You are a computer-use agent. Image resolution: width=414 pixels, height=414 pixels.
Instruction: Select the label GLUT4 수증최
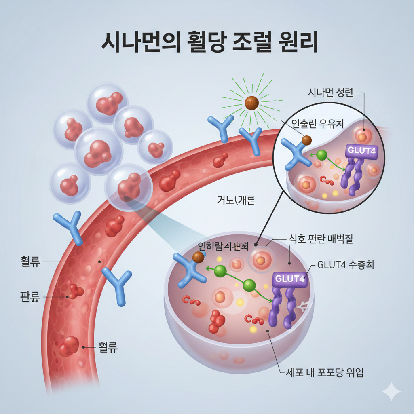point(346,265)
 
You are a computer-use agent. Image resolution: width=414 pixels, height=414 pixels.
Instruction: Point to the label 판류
point(30,297)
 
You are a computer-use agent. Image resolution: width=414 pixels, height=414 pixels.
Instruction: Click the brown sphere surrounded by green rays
point(251,103)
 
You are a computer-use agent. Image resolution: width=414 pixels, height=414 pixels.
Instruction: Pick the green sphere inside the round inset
point(322,155)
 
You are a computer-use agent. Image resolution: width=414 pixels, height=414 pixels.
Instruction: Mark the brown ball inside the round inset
point(307,140)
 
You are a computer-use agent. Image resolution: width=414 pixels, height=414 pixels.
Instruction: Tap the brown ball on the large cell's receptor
point(198,257)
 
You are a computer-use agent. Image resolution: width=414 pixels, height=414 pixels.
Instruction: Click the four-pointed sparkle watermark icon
point(391,391)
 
